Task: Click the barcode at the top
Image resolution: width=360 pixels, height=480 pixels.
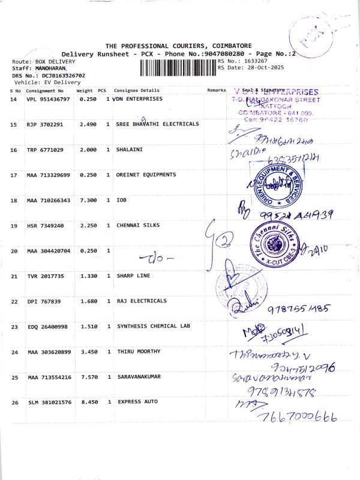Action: tap(178, 67)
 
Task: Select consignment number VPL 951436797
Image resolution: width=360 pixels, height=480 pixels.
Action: tap(48, 98)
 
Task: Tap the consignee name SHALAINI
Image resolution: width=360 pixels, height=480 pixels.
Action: tap(130, 149)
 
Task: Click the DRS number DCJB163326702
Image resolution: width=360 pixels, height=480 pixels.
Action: tap(63, 76)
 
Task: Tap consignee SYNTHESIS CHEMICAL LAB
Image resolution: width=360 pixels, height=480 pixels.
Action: tap(153, 326)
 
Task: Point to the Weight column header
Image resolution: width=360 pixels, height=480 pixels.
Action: tap(84, 90)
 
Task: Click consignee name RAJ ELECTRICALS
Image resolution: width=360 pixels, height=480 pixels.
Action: tap(142, 301)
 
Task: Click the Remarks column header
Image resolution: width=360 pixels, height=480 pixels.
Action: tap(217, 90)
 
